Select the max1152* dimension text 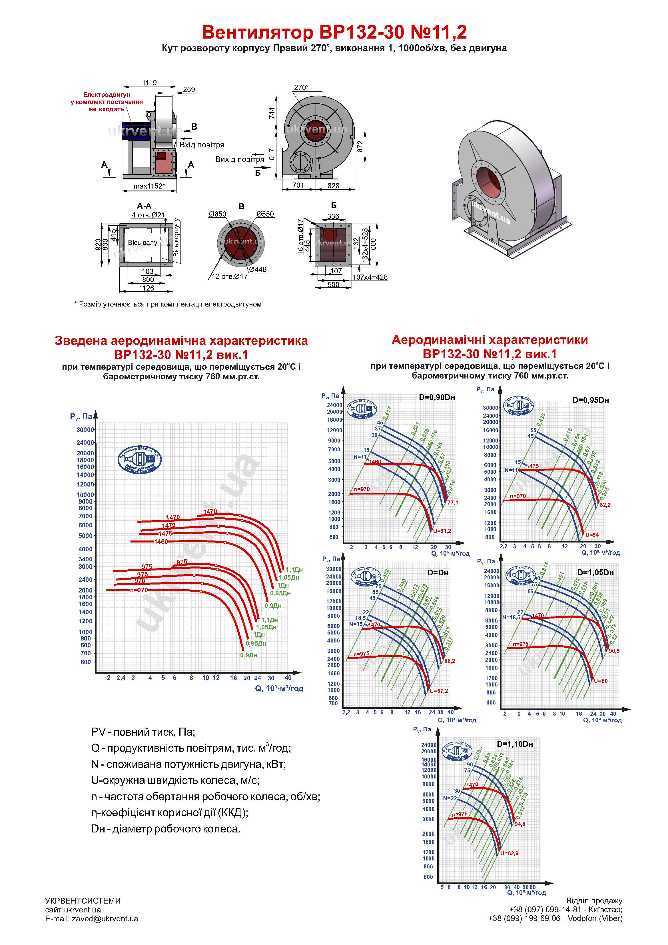point(149,186)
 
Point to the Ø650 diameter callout point(217,214)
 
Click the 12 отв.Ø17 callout point(230,276)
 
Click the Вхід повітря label point(202,145)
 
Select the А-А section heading point(144,206)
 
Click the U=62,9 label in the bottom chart point(509,854)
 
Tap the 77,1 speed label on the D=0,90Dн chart point(453,502)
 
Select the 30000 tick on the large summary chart point(85,430)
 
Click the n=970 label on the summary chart point(139,590)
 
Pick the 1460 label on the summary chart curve point(161,542)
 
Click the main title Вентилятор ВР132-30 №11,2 point(334,32)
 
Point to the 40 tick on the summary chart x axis point(288,678)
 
